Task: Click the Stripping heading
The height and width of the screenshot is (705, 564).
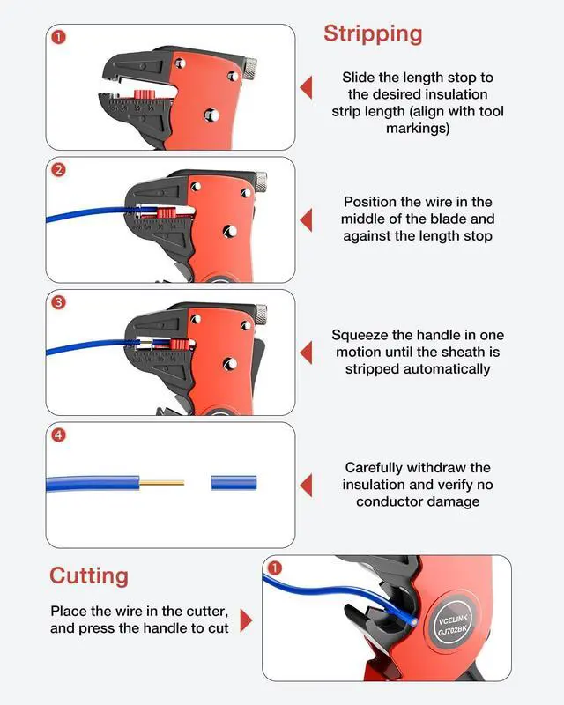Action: coord(373,34)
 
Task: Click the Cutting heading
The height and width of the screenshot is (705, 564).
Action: coord(89,576)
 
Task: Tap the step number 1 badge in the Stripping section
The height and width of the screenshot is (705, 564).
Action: coord(59,38)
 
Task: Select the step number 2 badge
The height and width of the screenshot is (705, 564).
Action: coord(59,170)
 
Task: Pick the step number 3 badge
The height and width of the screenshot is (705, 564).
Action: coord(59,302)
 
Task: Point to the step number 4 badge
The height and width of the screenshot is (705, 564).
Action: coord(59,434)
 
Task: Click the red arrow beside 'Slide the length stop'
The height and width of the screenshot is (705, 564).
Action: coord(306,88)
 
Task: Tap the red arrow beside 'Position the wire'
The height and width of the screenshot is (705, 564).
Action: coord(306,220)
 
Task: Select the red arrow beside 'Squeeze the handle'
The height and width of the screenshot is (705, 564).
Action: coord(306,352)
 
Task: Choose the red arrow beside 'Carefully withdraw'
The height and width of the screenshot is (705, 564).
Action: coord(306,485)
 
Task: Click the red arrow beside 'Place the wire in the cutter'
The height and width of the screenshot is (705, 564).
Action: coord(246,620)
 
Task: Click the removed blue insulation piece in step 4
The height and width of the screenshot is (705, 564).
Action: coord(234,483)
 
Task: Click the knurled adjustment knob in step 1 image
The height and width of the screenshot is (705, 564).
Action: coord(249,66)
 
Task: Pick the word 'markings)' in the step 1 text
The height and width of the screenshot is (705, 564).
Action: coord(418,129)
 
